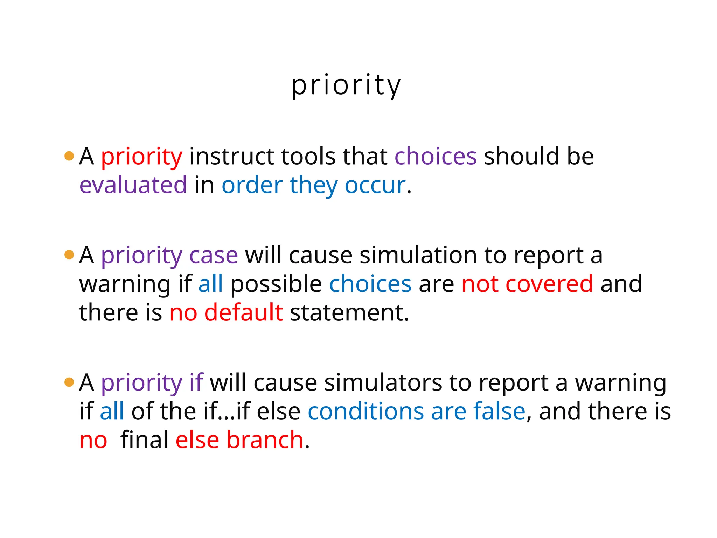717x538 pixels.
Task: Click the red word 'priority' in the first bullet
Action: coord(141,157)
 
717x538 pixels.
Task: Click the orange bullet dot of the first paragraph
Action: coord(69,156)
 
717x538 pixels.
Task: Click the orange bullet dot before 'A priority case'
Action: coord(69,255)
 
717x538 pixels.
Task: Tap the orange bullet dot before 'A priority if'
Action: coord(69,382)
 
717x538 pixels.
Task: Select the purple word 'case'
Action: coord(214,255)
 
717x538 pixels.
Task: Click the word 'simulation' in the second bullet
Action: coord(418,255)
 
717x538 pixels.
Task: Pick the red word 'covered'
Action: coord(549,284)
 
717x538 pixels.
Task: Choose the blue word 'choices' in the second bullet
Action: coord(370,284)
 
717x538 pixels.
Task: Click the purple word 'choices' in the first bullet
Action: coord(436,157)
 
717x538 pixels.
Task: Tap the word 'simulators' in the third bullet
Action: coord(383,382)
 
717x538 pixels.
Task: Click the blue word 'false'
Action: coord(499,411)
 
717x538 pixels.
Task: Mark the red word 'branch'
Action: coord(265,440)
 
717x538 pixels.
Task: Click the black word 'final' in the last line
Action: coord(144,440)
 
